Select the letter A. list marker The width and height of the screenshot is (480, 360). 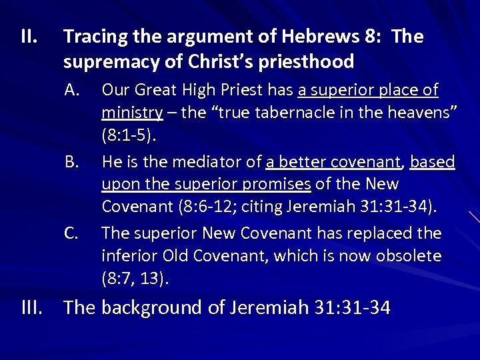pyautogui.click(x=73, y=89)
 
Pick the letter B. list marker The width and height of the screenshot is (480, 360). pyautogui.click(x=73, y=162)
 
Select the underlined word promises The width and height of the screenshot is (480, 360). pyautogui.click(x=277, y=184)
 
